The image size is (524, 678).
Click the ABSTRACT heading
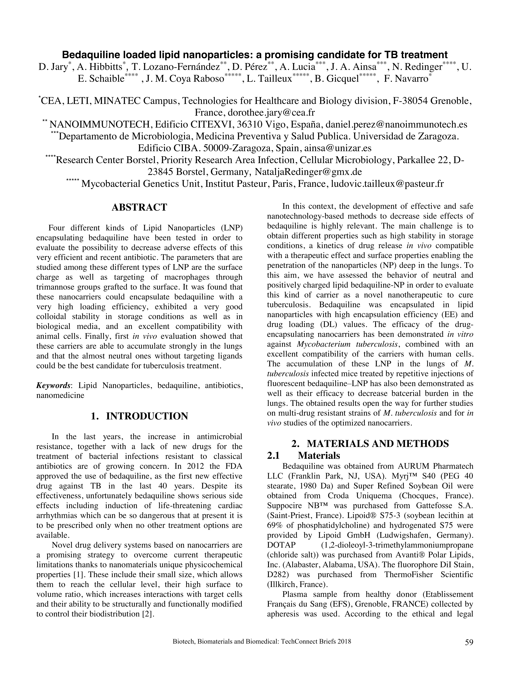coord(139,207)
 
